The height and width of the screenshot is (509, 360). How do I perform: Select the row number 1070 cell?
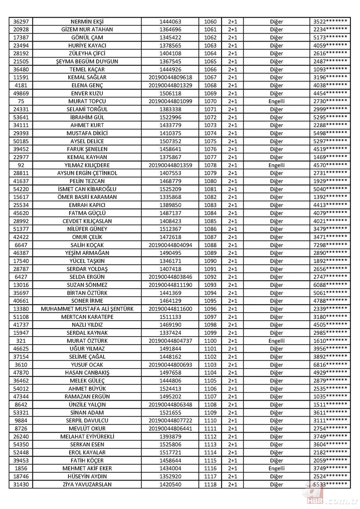click(210, 101)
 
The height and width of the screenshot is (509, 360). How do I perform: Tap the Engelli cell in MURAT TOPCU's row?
click(276, 101)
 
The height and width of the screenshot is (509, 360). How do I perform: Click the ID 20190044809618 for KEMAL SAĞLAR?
click(170, 77)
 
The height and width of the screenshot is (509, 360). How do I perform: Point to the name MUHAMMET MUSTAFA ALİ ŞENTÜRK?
click(87, 309)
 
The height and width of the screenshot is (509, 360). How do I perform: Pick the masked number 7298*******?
click(330, 245)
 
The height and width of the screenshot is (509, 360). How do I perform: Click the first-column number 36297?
click(21, 22)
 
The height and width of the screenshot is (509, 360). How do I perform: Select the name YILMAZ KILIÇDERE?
click(87, 165)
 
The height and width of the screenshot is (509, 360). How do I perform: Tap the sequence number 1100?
click(210, 341)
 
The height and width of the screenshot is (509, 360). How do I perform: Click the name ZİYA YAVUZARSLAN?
click(87, 484)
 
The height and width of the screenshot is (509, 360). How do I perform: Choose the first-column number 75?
click(21, 101)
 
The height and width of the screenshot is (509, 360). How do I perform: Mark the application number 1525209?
click(170, 189)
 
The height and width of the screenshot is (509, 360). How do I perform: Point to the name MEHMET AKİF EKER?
click(87, 468)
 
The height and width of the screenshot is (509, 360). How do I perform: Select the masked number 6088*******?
click(330, 285)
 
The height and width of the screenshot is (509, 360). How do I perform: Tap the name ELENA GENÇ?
click(87, 85)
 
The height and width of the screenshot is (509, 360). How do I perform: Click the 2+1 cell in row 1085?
click(232, 221)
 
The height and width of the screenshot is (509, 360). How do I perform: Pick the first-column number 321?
click(21, 341)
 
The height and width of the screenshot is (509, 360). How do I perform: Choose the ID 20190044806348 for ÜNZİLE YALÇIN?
click(170, 405)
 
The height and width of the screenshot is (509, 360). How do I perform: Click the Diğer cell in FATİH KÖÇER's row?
click(276, 460)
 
